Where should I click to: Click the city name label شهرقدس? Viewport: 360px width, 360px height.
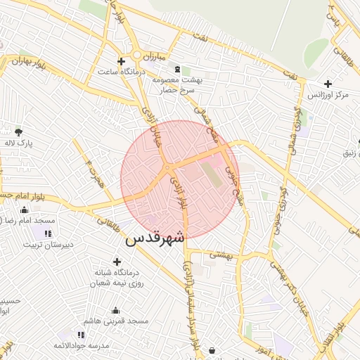click(155, 238)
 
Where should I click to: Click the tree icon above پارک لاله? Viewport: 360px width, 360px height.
click(18, 131)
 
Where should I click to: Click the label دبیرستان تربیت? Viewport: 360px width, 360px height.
click(49, 245)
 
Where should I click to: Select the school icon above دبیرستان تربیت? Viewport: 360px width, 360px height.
click(48, 233)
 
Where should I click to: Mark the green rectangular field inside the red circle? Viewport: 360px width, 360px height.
click(217, 175)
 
